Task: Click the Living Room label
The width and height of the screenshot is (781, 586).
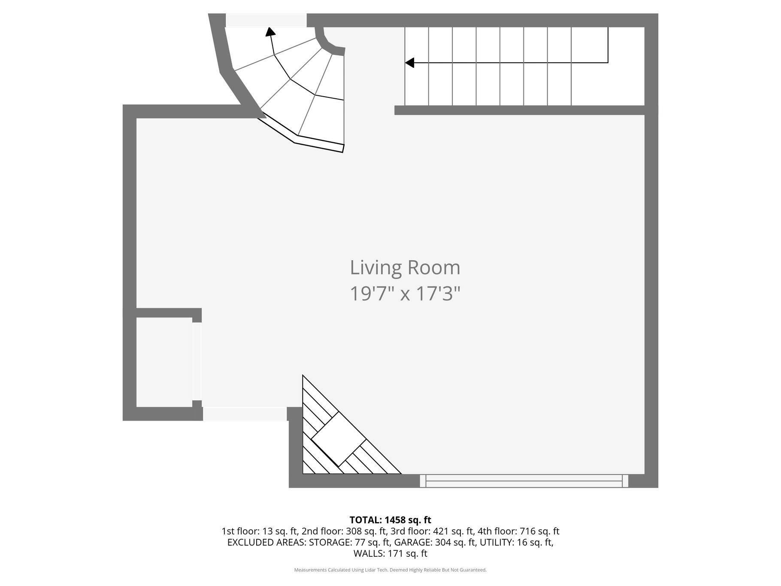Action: click(x=405, y=267)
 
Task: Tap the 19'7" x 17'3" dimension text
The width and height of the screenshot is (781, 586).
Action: click(x=405, y=294)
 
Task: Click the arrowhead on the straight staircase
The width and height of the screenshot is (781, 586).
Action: click(x=410, y=63)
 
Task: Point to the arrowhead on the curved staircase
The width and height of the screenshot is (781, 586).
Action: click(x=270, y=32)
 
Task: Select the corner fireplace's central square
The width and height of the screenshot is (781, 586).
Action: click(x=339, y=439)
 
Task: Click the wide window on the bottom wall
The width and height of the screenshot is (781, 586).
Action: click(x=524, y=481)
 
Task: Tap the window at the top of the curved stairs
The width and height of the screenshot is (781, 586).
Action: click(x=266, y=20)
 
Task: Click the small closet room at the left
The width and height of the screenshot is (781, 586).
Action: click(x=164, y=362)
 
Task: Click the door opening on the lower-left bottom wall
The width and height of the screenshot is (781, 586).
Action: click(x=245, y=414)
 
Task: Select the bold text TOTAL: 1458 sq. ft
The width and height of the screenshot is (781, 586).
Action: click(x=390, y=520)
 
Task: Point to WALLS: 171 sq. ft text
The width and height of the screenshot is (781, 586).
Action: click(x=390, y=554)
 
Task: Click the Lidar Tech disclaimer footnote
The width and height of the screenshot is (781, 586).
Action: click(x=390, y=570)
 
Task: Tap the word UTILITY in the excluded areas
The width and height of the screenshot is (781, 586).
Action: click(x=496, y=543)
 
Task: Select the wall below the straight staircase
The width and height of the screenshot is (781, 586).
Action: click(x=520, y=110)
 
